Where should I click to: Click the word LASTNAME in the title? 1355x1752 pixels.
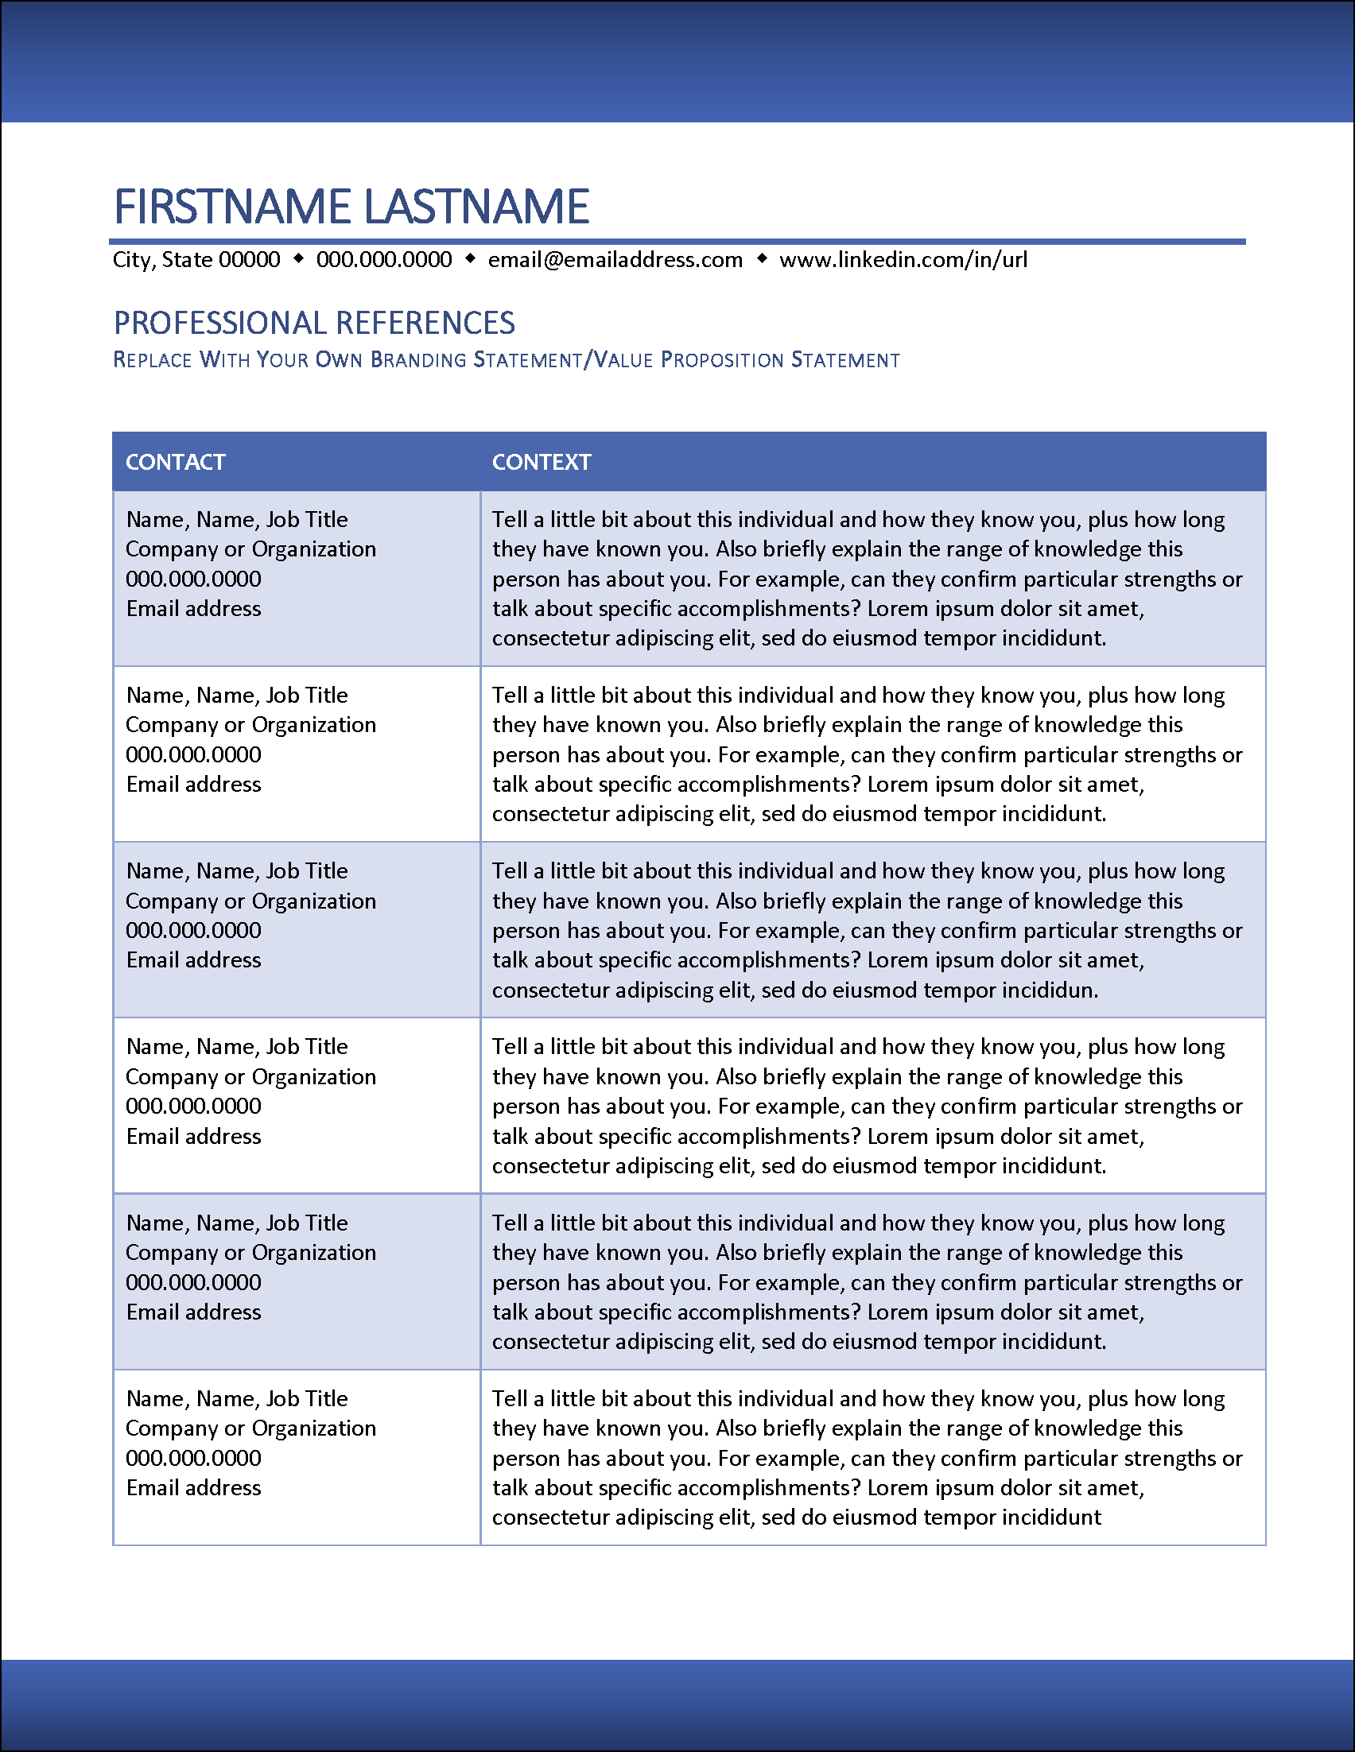pos(477,207)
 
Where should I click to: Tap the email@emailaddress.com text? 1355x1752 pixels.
pos(615,260)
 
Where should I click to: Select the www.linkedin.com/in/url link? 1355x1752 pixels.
pos(903,260)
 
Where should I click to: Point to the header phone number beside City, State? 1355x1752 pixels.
pos(384,260)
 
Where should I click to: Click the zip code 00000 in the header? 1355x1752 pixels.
pos(250,260)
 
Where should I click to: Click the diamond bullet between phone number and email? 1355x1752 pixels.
pos(471,258)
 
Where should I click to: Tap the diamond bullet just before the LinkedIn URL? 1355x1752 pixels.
pos(762,258)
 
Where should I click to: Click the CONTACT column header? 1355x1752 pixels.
pos(176,462)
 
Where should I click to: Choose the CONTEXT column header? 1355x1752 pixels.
pos(542,462)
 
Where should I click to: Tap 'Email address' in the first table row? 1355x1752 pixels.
pos(193,609)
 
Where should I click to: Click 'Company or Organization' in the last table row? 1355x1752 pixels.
pos(251,1428)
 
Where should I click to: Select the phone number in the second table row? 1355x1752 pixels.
pos(193,755)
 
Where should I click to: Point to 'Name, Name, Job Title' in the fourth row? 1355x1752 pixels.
pos(237,1047)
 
